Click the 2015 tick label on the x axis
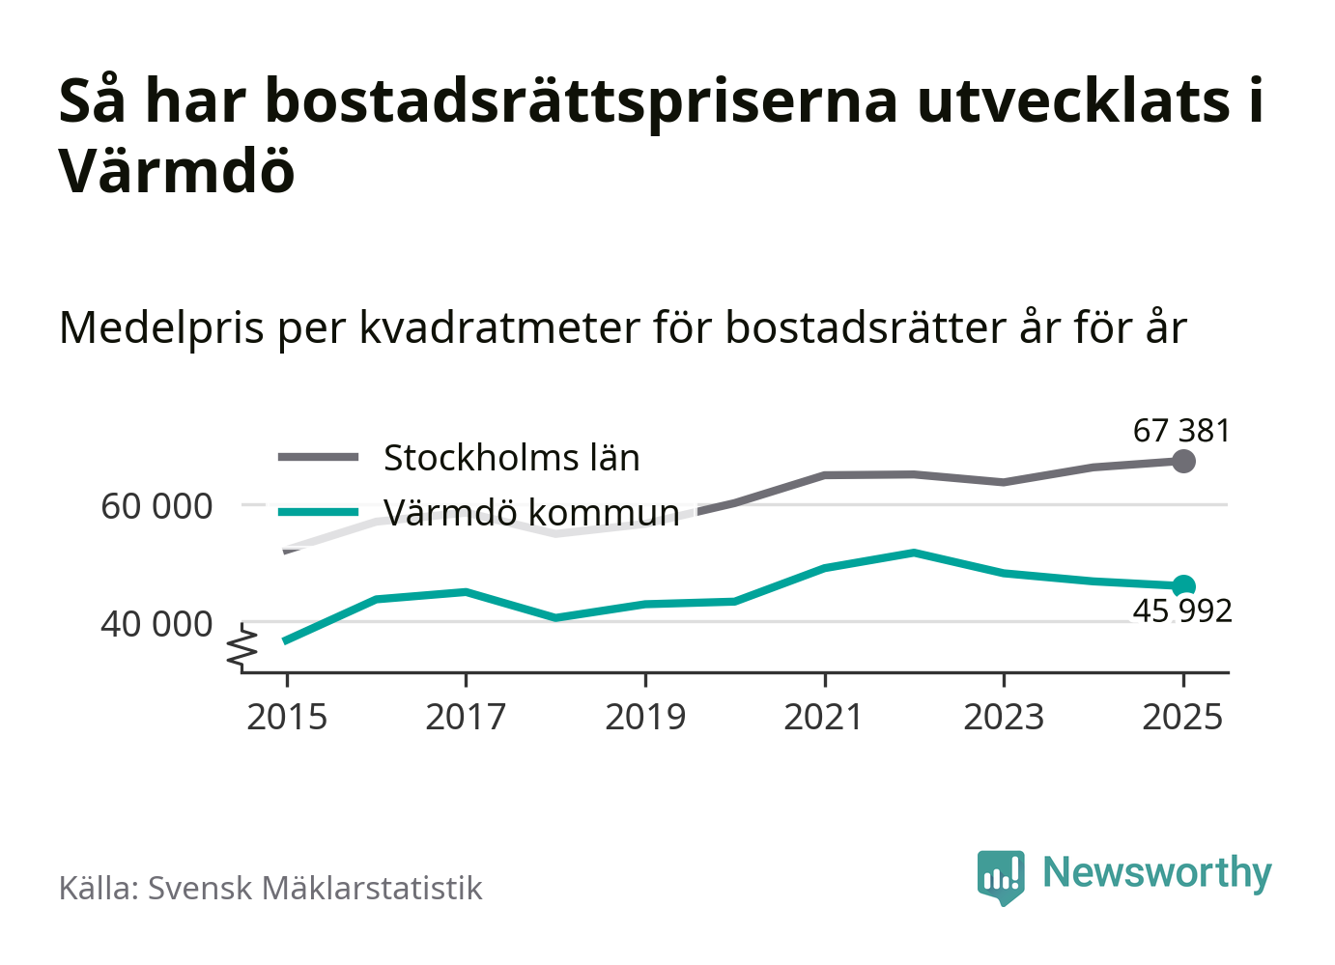pos(287,718)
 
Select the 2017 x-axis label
pos(466,718)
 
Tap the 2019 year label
pos(645,718)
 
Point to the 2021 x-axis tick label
pos(824,718)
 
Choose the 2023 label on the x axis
pos(1004,718)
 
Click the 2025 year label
pos(1182,718)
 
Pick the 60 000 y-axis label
pos(156,506)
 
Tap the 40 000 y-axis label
pos(156,625)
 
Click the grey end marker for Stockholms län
pos(1183,462)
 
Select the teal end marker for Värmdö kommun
pos(1183,585)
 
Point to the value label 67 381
pos(1181,431)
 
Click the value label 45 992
pos(1181,611)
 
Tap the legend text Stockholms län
pos(511,458)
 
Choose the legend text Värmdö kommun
pos(531,512)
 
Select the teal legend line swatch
pos(318,512)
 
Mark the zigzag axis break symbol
pos(242,648)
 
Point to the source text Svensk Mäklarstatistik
pos(314,889)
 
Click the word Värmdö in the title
pos(177,171)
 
